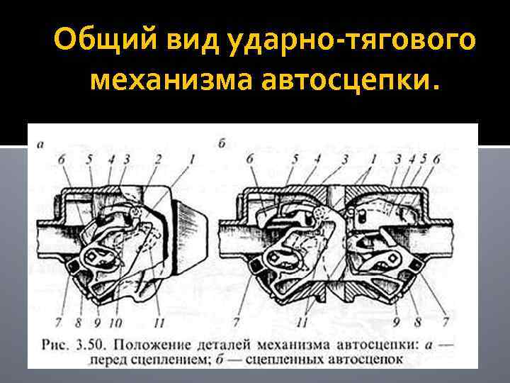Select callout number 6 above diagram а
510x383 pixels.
62,160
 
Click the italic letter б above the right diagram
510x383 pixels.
222,143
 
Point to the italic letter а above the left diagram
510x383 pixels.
40,144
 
